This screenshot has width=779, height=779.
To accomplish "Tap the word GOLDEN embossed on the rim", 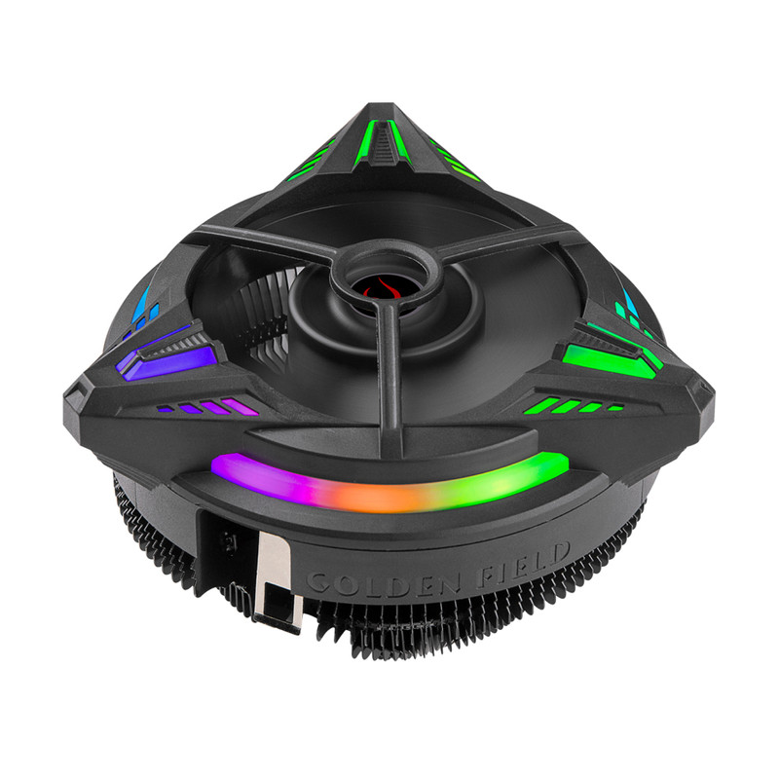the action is [x=383, y=582].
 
